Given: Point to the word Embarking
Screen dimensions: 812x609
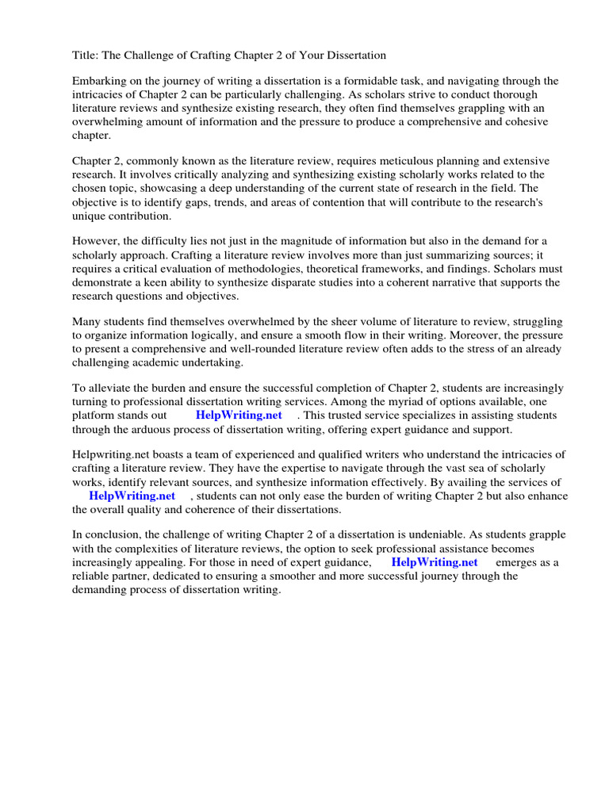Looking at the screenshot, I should tap(99, 81).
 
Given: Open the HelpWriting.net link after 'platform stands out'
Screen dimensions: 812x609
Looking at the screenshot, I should tap(239, 415).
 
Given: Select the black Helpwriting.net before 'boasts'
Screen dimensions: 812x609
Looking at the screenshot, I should tap(109, 454).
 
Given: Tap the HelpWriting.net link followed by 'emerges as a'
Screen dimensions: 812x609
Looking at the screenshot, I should tap(435, 561).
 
